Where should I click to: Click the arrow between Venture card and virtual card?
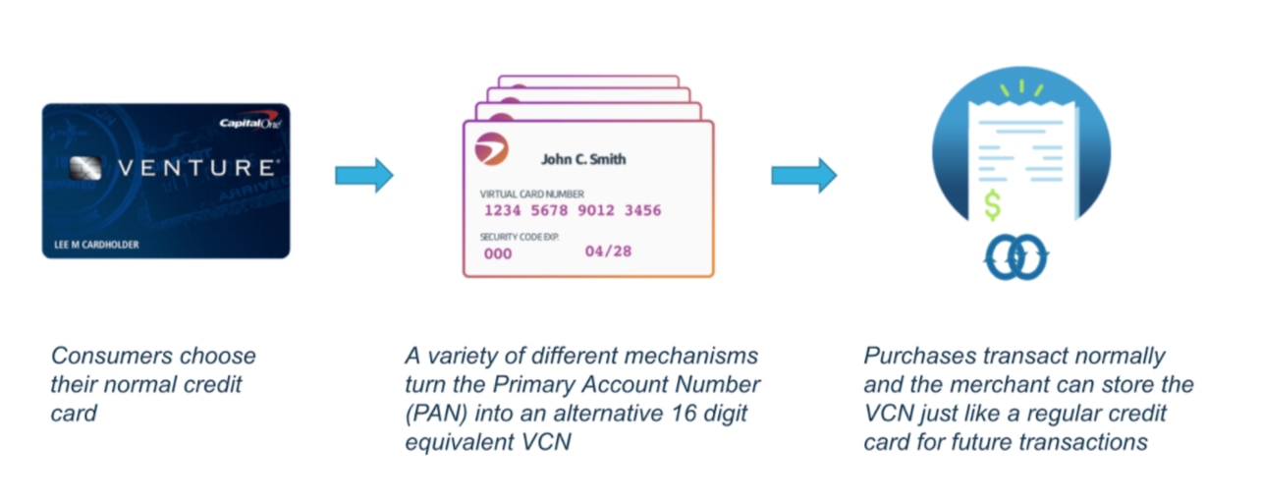point(363,176)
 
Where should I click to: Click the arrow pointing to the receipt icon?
point(803,176)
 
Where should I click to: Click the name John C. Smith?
point(583,159)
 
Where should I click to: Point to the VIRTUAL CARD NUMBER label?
point(531,194)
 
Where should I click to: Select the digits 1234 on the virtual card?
point(505,211)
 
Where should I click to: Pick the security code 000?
point(499,253)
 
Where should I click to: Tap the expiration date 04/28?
point(608,251)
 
